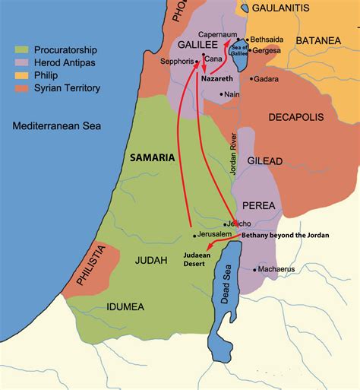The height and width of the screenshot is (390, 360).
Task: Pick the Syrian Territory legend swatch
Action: click(21, 88)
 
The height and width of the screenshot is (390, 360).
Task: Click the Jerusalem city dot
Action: click(195, 236)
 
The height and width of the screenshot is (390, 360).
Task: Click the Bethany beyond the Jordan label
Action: click(286, 236)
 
